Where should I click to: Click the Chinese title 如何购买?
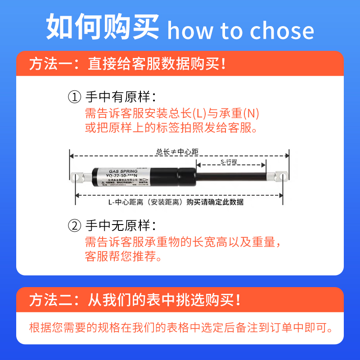point(103,27)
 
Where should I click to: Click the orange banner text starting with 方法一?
point(127,63)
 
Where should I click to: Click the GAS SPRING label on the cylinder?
point(118,171)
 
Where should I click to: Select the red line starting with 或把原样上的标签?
point(171,127)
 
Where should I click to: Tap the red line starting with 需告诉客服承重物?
point(184,242)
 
